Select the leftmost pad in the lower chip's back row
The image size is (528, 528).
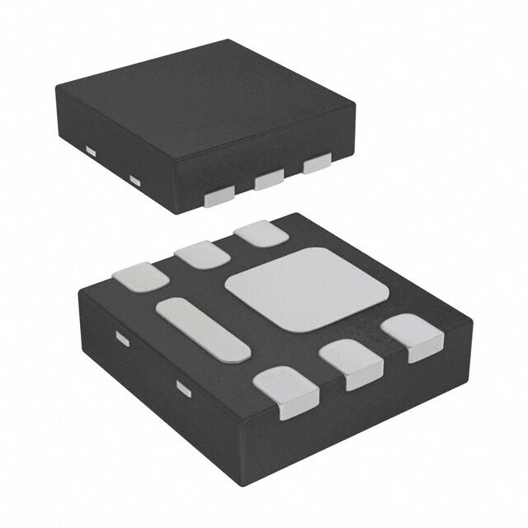click(x=142, y=276)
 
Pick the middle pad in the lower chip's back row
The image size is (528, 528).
click(x=201, y=255)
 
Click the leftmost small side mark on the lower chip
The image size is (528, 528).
click(x=122, y=338)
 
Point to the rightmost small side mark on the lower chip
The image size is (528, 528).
click(x=183, y=385)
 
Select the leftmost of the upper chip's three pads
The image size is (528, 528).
click(x=219, y=195)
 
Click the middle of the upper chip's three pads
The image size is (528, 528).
click(x=269, y=179)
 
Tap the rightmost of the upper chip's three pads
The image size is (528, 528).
click(x=317, y=166)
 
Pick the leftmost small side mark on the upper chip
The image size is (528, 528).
click(x=90, y=150)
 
